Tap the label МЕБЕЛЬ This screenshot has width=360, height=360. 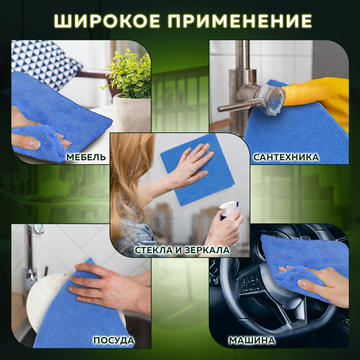(87, 157)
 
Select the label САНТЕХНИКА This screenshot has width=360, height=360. (286, 157)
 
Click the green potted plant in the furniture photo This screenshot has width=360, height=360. (129, 75)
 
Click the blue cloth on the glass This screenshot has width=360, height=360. (198, 174)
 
